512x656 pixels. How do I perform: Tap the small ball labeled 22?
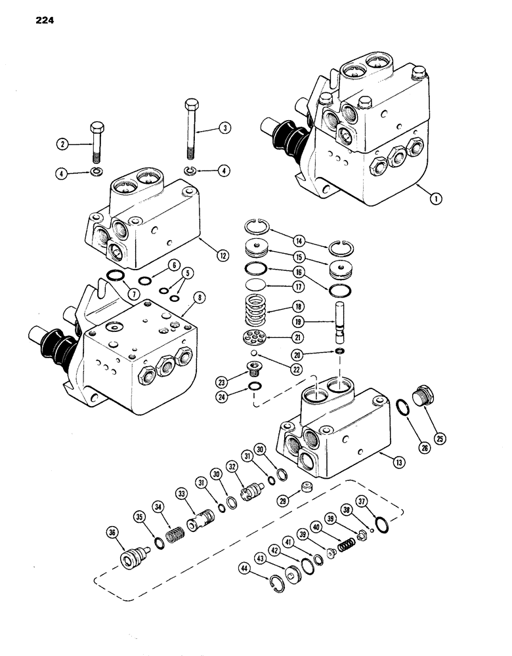[x=261, y=354]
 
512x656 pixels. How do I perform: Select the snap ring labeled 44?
[x=279, y=581]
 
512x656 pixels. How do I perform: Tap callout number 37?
[x=381, y=502]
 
